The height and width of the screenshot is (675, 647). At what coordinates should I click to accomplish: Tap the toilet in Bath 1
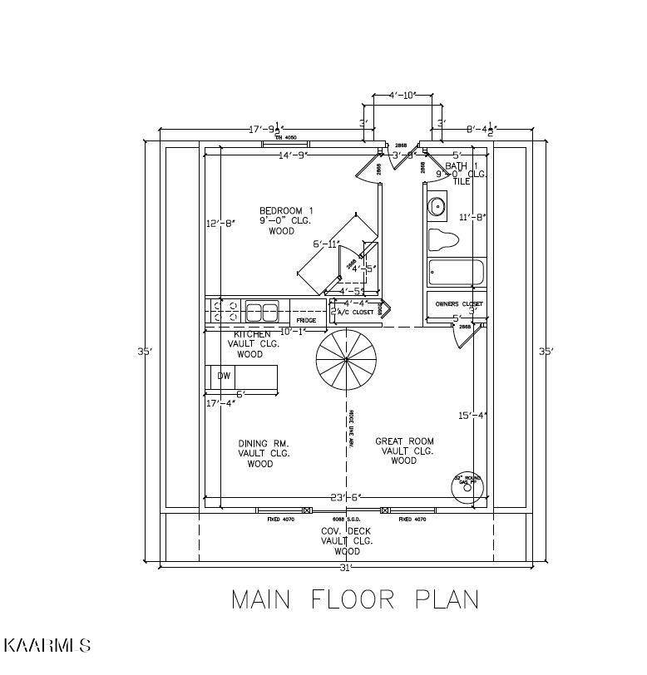tap(444, 241)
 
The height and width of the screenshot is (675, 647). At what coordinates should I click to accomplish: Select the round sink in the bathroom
tap(436, 205)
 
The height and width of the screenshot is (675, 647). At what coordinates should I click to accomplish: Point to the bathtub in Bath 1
tap(455, 273)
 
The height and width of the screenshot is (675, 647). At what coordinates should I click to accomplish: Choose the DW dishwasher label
tap(224, 376)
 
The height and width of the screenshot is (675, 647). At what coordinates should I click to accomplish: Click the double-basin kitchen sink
tap(262, 313)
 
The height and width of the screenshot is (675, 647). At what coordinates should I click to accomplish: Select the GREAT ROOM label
tap(404, 441)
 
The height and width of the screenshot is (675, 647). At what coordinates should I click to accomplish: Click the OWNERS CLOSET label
tap(458, 304)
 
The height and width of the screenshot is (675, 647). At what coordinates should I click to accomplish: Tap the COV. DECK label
tap(347, 530)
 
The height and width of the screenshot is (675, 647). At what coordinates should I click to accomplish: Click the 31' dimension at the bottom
tap(346, 568)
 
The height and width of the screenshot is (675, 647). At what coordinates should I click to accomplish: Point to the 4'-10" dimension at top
tap(401, 96)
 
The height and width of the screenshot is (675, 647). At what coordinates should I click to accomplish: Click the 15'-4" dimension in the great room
tap(472, 416)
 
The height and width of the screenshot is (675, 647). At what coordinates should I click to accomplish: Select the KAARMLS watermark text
tap(47, 645)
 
